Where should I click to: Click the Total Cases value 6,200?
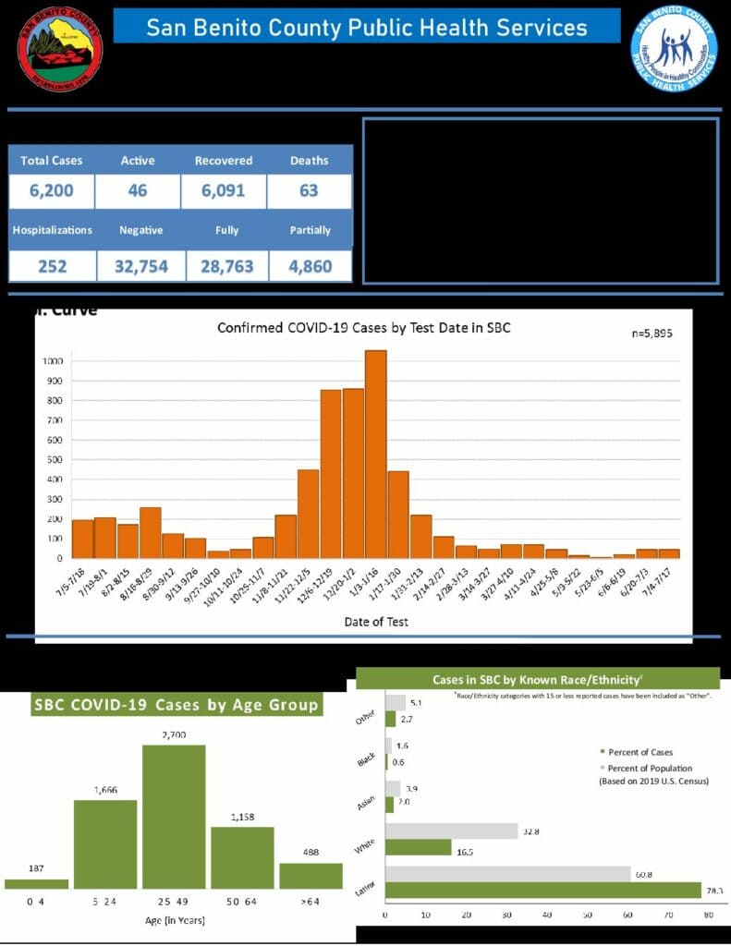tap(52, 191)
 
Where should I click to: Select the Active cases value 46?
tap(137, 191)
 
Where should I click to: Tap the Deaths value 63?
tap(309, 191)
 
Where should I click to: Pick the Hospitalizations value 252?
tap(52, 267)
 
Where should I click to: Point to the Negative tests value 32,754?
tap(137, 267)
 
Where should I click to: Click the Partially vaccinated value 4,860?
tap(309, 267)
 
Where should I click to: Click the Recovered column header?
tap(223, 161)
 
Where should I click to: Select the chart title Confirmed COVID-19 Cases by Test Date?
tap(363, 328)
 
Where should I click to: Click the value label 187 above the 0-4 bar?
tap(36, 867)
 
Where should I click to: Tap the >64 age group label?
tap(311, 900)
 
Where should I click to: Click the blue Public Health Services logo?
tap(674, 49)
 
